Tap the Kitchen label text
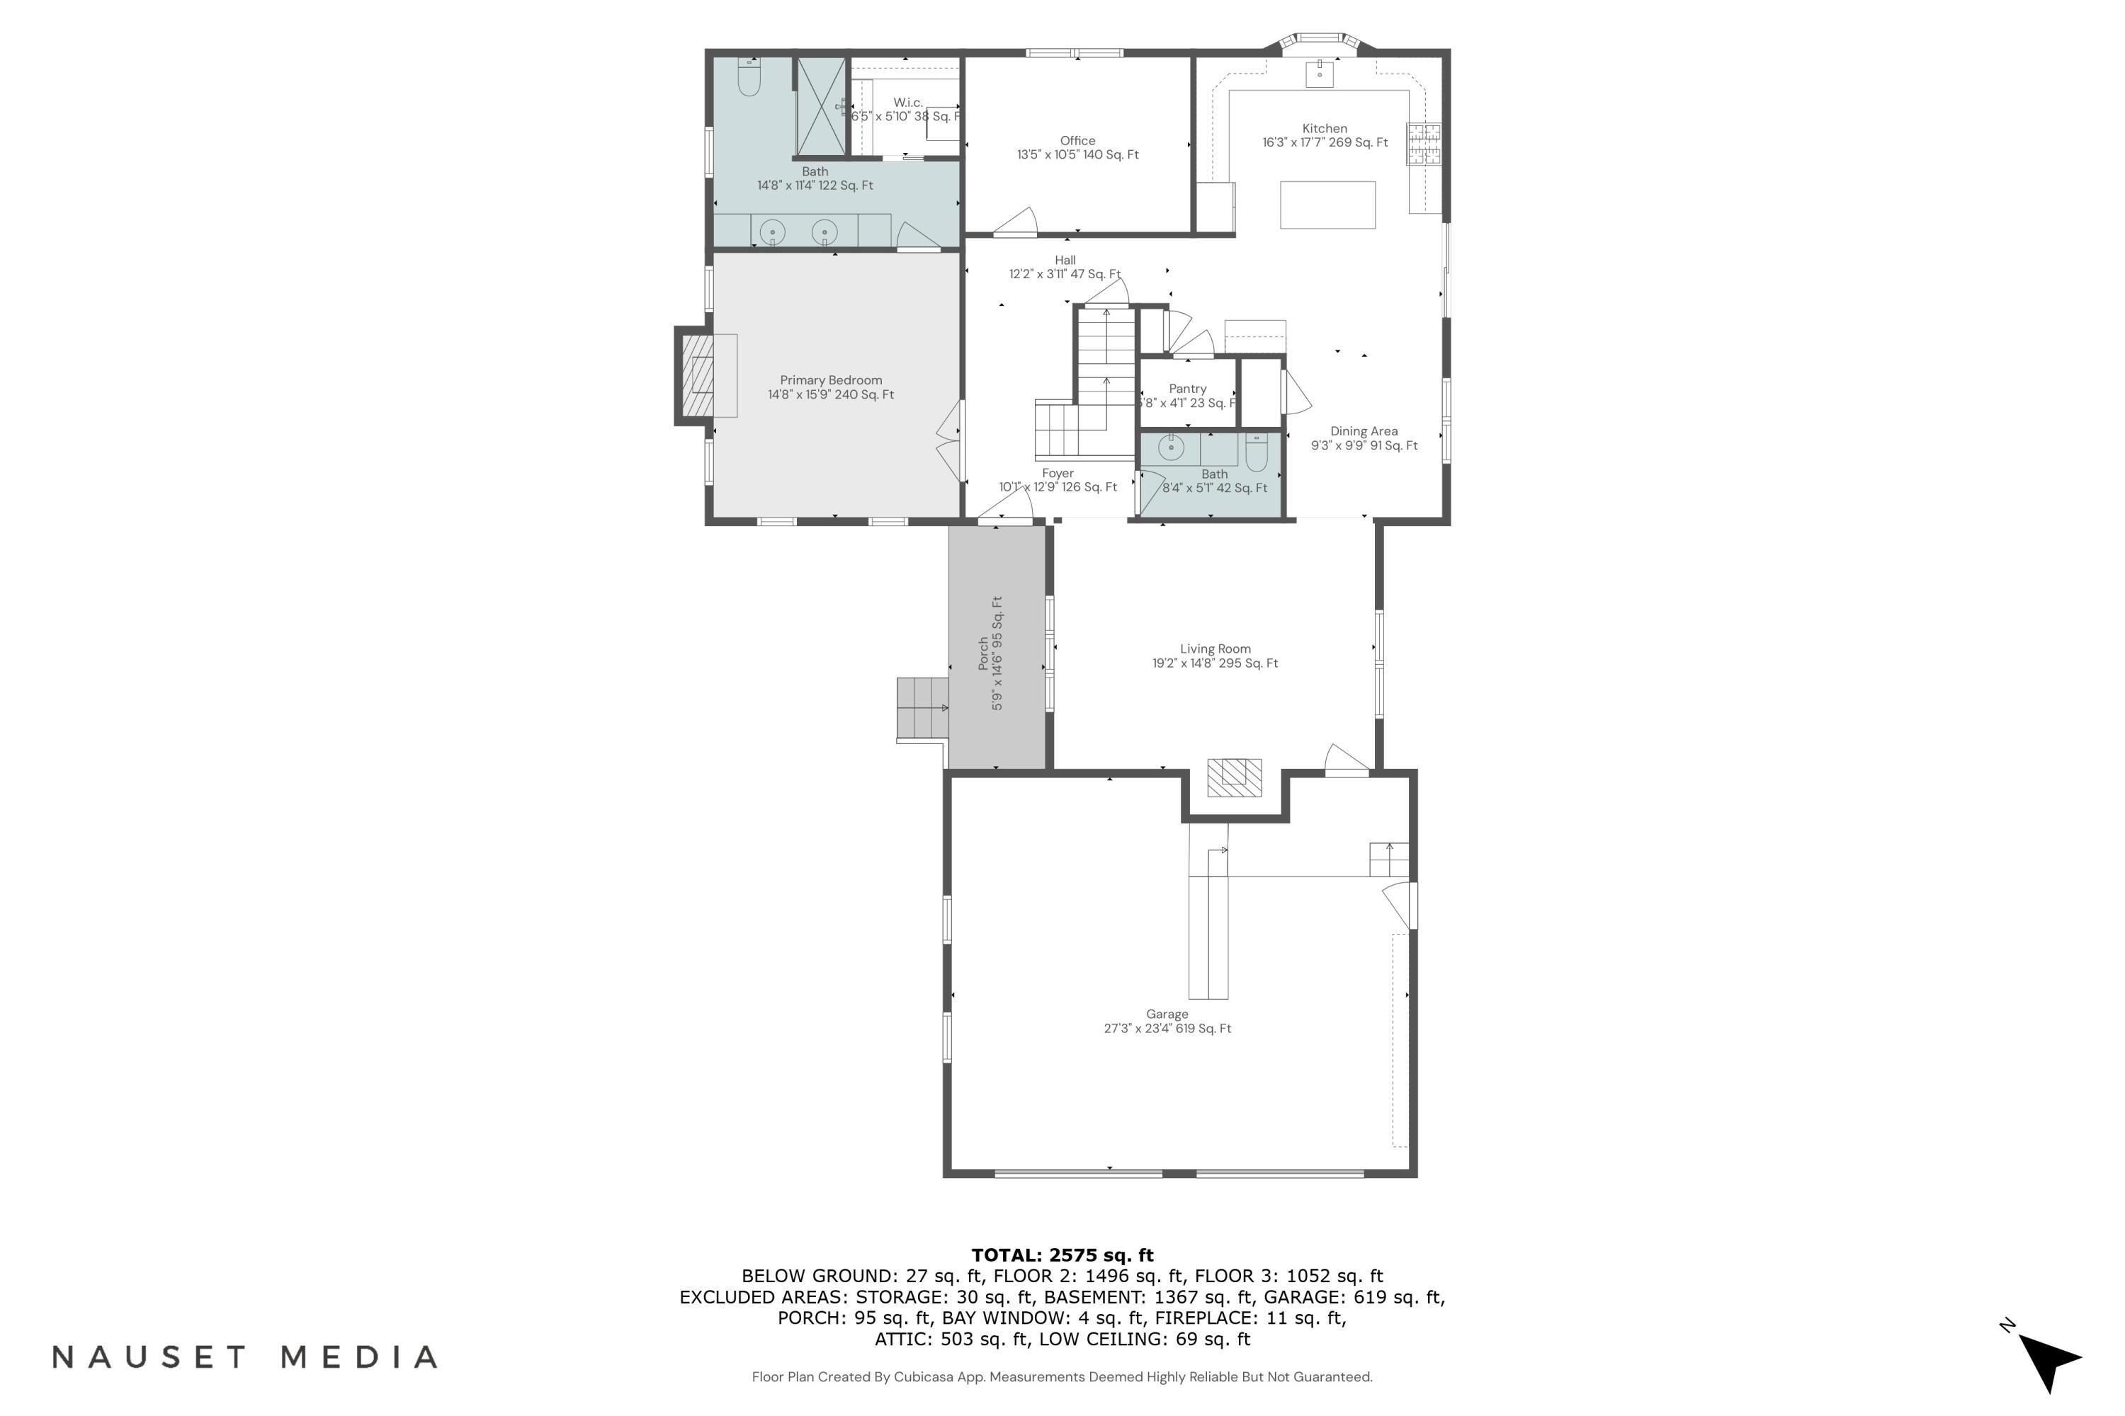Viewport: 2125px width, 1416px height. point(1324,129)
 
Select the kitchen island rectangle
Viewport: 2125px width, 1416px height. point(1327,204)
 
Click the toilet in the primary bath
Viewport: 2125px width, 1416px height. point(749,79)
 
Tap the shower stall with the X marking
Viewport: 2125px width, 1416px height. point(820,107)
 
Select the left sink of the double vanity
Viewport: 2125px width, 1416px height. point(773,232)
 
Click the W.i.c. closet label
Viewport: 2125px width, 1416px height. point(907,102)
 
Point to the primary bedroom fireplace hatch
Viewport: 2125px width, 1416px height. point(698,377)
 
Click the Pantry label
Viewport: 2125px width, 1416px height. point(1187,388)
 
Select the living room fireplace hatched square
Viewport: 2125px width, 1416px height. point(1234,777)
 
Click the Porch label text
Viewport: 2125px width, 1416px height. point(984,653)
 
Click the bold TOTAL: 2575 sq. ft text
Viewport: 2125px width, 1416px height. point(1062,1255)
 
